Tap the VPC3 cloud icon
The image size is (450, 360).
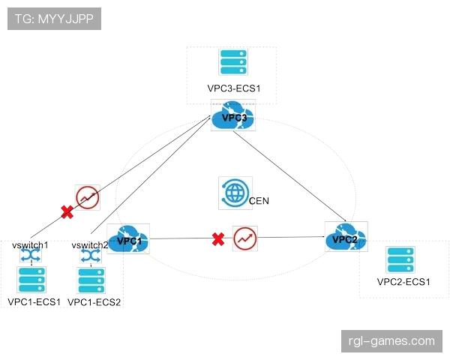(233, 115)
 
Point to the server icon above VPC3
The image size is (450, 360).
(232, 62)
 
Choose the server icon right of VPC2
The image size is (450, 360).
(400, 260)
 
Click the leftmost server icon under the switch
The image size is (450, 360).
(31, 280)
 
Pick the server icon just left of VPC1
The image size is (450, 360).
(90, 280)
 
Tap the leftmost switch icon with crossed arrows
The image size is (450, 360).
(31, 255)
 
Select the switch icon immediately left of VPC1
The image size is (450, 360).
(90, 255)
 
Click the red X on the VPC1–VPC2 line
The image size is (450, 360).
(218, 239)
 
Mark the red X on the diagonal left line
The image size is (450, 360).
(67, 212)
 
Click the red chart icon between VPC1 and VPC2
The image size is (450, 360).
(244, 238)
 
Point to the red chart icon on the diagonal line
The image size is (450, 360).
(87, 196)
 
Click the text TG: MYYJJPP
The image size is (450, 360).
(54, 18)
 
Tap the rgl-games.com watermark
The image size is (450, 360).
(392, 341)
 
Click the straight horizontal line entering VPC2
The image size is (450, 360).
(292, 237)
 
